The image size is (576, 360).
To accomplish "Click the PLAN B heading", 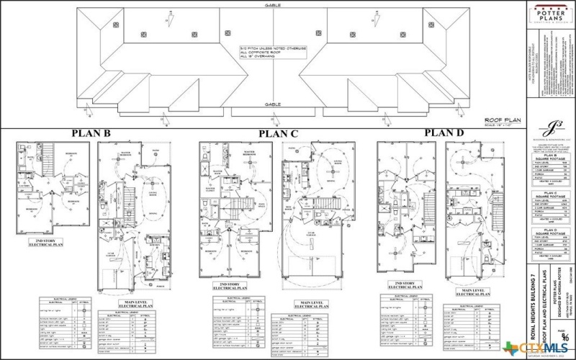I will tap(91, 133).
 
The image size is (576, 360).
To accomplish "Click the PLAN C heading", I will tap(278, 133).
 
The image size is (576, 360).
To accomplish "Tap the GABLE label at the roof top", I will tap(272, 4).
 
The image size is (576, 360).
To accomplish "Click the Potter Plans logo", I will tap(549, 17).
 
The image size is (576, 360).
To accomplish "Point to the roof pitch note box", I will tap(272, 53).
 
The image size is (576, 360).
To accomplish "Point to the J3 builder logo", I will tap(550, 128).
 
